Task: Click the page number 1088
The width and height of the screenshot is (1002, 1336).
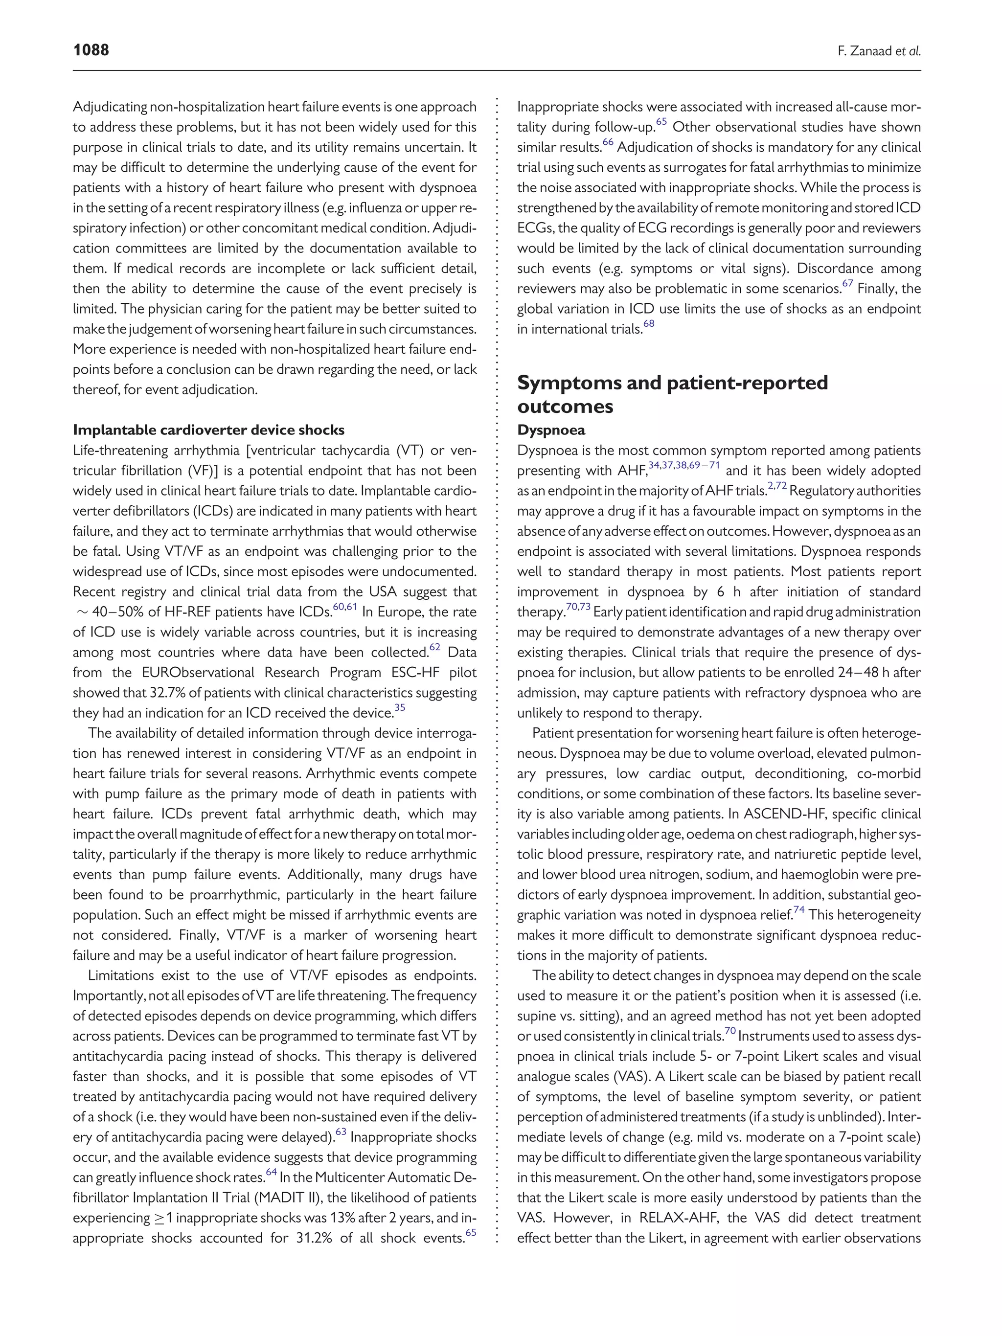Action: pyautogui.click(x=91, y=49)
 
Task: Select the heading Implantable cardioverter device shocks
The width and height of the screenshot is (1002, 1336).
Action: pyautogui.click(x=208, y=430)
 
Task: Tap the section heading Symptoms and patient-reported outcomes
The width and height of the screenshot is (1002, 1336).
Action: pyautogui.click(x=672, y=394)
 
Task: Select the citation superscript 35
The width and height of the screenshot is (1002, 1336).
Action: pyautogui.click(x=399, y=708)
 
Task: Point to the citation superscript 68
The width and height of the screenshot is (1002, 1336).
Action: pyautogui.click(x=649, y=324)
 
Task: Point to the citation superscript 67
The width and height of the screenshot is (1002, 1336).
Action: pyautogui.click(x=847, y=284)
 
